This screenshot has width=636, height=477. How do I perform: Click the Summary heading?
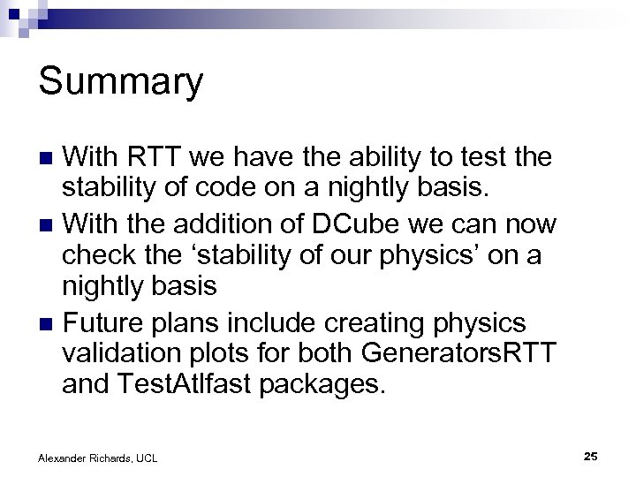click(121, 83)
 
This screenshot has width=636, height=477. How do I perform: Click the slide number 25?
click(591, 456)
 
